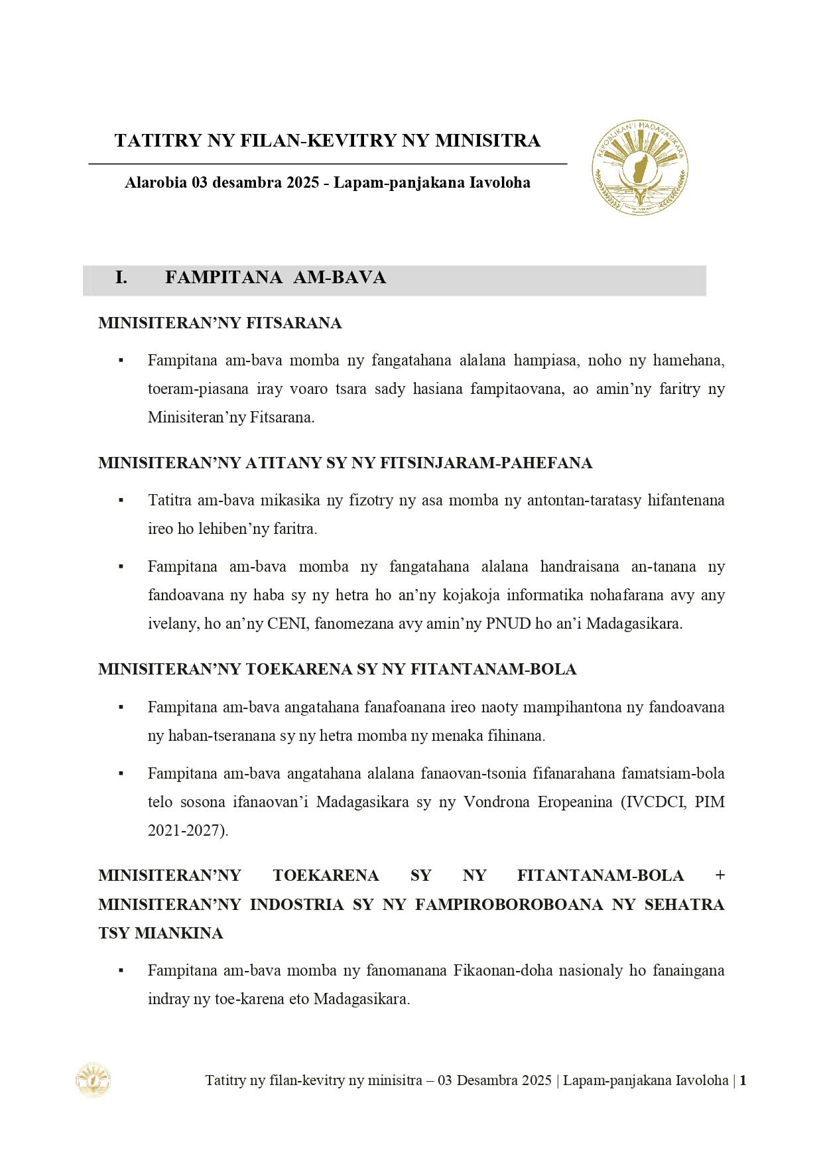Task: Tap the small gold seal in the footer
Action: (x=93, y=1080)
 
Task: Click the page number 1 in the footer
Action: (x=743, y=1080)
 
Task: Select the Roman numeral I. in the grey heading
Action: (x=121, y=277)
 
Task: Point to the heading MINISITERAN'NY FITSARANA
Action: (x=220, y=323)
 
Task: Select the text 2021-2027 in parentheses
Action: (x=186, y=830)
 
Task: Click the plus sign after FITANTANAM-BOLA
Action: (x=720, y=875)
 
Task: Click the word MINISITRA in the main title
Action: (x=487, y=141)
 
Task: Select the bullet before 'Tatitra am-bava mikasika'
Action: (x=121, y=500)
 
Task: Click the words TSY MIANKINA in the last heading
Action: (x=160, y=933)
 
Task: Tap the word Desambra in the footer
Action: (x=487, y=1080)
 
